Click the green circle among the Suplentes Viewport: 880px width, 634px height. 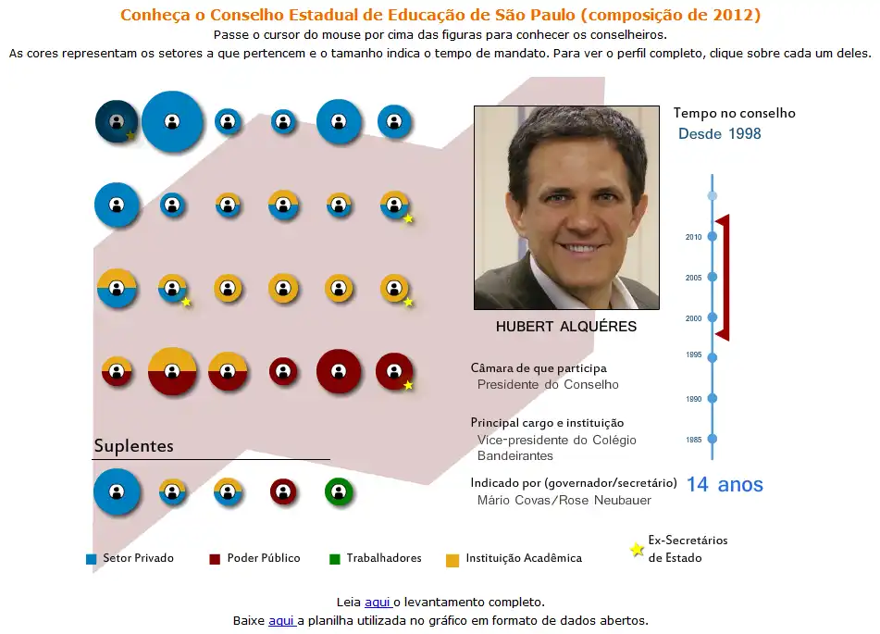[x=339, y=491]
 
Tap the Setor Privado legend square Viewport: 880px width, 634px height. [x=91, y=559]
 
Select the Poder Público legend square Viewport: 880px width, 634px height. [x=215, y=559]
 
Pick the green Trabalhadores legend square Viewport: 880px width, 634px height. [x=335, y=559]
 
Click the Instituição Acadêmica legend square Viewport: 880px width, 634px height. [x=452, y=559]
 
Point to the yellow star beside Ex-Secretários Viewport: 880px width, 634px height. [x=637, y=550]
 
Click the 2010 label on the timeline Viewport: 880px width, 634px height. [x=694, y=237]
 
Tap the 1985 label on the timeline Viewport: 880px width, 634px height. [x=694, y=440]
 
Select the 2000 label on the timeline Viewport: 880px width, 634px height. [x=694, y=318]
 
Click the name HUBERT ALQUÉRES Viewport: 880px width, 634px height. [x=565, y=327]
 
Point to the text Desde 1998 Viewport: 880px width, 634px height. [x=719, y=134]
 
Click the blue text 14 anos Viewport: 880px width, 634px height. [x=725, y=485]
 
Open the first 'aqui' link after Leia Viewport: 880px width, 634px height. [x=377, y=603]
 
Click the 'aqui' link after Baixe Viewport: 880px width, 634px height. [x=280, y=621]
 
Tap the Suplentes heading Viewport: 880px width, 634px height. [x=133, y=446]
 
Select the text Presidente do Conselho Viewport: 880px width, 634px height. [x=548, y=384]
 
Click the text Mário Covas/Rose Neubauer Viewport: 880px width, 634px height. [x=564, y=501]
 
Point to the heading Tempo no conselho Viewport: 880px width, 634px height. [x=734, y=113]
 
